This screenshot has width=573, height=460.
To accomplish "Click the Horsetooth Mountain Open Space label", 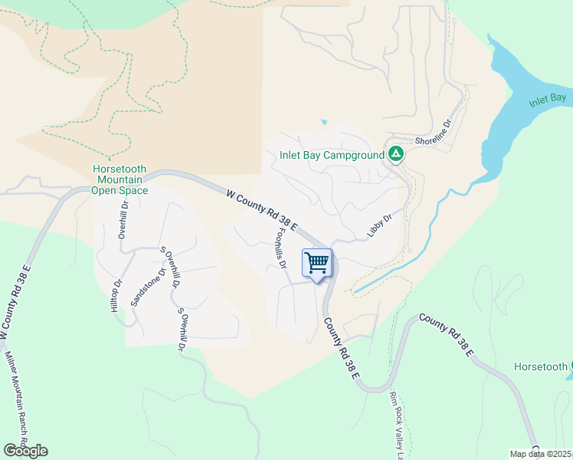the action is pyautogui.click(x=119, y=179).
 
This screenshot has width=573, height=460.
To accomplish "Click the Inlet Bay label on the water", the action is pyautogui.click(x=547, y=99).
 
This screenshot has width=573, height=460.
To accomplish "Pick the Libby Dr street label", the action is pyautogui.click(x=379, y=225).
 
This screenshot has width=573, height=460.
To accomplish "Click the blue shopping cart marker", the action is pyautogui.click(x=317, y=264).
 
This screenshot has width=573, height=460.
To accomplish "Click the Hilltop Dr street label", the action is pyautogui.click(x=116, y=295).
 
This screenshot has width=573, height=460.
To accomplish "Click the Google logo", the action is pyautogui.click(x=25, y=451).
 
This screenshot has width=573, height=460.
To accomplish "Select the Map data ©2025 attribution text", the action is pyautogui.click(x=540, y=454).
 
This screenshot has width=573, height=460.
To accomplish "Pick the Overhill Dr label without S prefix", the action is pyautogui.click(x=123, y=221).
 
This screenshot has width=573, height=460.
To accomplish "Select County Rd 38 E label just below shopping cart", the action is pyautogui.click(x=341, y=349).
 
